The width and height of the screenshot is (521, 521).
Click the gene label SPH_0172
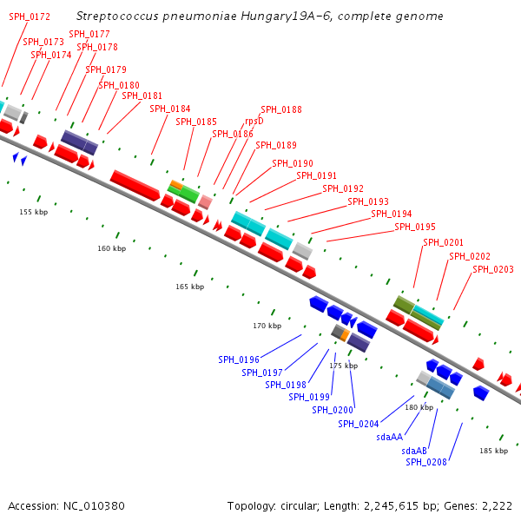click(x=30, y=16)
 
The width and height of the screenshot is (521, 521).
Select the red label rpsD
click(x=254, y=122)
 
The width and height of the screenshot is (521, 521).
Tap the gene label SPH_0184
click(x=170, y=109)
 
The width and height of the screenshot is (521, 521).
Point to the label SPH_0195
click(x=415, y=227)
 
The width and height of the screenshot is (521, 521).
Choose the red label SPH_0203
click(x=493, y=269)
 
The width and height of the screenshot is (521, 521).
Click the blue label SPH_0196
click(x=239, y=359)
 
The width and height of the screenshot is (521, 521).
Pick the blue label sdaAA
click(x=390, y=437)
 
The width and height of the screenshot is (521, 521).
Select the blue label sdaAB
click(x=414, y=451)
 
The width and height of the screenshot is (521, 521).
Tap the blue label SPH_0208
click(x=426, y=462)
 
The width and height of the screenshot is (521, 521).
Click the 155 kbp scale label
click(x=34, y=212)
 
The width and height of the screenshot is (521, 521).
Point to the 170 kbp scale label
click(x=267, y=326)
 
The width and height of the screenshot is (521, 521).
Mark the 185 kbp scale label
click(x=493, y=451)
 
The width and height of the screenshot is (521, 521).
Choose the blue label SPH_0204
click(x=359, y=424)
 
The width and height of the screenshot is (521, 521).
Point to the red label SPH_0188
click(x=281, y=109)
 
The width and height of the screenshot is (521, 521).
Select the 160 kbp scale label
click(x=111, y=248)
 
